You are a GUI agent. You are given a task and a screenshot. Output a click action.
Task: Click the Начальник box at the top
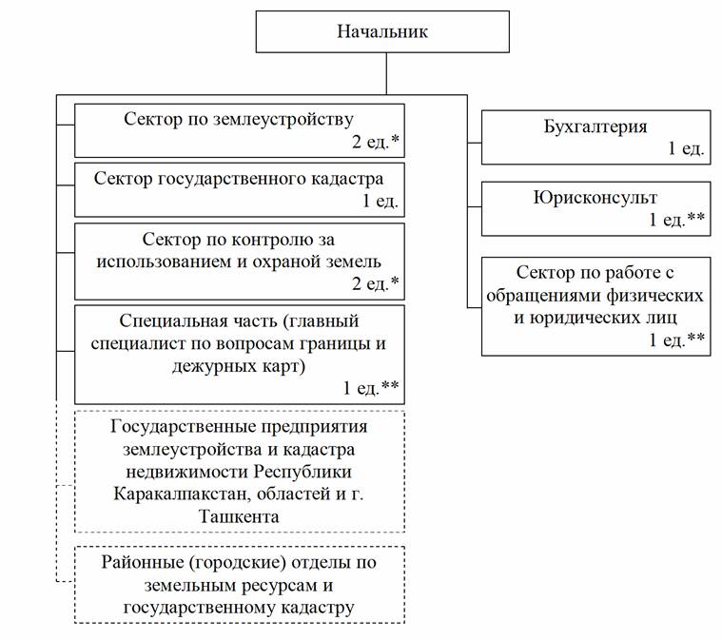382,31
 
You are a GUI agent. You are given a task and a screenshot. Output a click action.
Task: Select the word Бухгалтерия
595,126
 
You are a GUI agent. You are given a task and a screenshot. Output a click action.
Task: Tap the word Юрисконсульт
595,198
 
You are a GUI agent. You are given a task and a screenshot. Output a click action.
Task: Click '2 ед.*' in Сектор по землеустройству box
376,142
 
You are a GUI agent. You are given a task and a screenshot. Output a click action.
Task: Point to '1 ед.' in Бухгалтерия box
686,148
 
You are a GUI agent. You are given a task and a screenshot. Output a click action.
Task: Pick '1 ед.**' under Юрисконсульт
676,220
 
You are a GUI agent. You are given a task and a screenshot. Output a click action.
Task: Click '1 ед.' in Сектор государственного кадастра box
380,202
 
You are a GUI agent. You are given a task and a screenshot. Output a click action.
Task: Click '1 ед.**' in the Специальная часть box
371,388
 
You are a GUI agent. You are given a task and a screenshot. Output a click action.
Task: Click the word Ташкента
239,516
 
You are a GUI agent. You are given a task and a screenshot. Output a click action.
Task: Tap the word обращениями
542,295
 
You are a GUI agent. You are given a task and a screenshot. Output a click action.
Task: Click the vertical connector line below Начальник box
386,73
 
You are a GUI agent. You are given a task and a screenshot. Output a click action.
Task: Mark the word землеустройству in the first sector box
283,119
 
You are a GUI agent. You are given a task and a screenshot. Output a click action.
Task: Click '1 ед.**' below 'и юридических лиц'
676,339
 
